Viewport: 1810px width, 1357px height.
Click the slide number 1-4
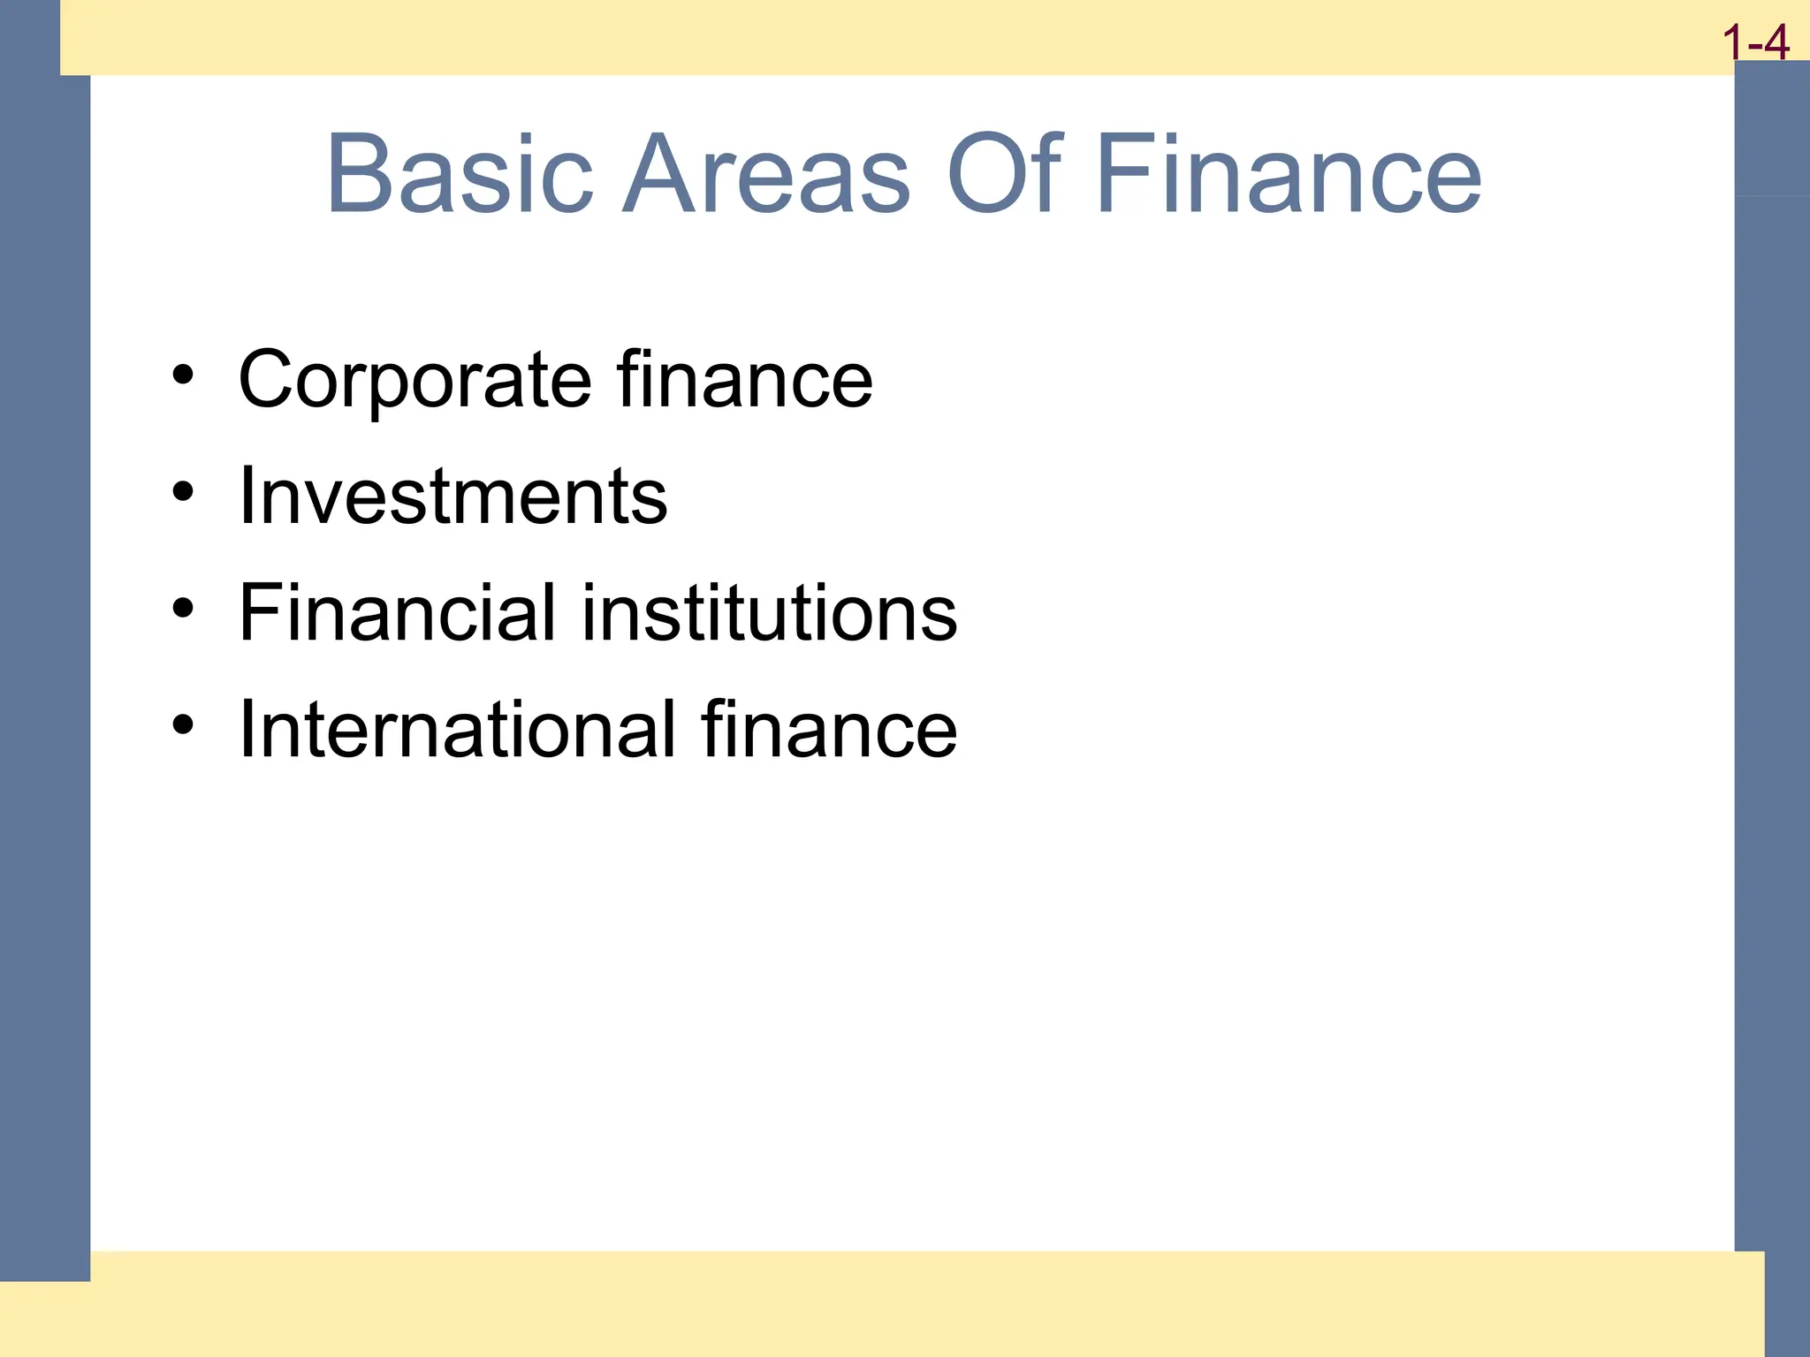1755,42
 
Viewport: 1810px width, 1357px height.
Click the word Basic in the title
460,174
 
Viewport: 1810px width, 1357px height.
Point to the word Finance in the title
1289,174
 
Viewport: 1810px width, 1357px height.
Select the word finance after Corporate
745,379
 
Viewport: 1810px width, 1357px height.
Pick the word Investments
453,497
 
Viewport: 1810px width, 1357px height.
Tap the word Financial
398,612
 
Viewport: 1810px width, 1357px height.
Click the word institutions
770,612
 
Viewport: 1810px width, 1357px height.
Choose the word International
458,730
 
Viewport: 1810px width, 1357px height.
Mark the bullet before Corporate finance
183,375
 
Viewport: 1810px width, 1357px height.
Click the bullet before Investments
183,491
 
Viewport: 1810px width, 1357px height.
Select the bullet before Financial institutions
183,608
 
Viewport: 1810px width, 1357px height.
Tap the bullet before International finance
183,724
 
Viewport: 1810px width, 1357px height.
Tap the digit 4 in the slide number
1775,42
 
